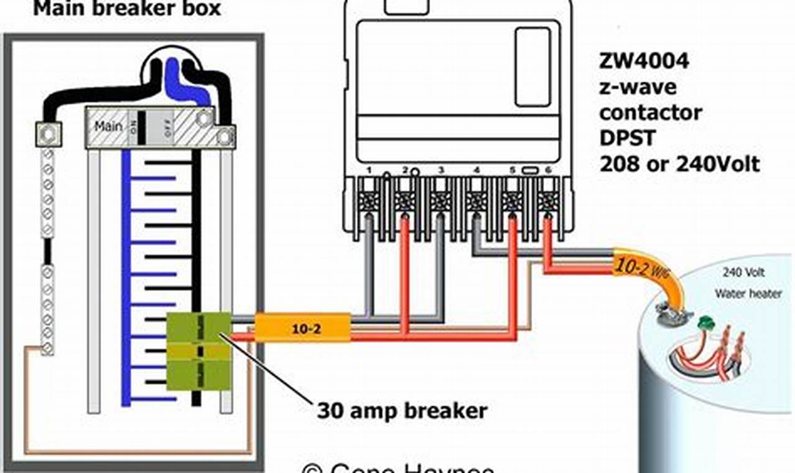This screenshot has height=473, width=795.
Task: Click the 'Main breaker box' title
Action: click(126, 9)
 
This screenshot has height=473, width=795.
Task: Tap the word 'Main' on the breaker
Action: click(108, 126)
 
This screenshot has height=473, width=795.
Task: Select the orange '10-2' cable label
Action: click(302, 327)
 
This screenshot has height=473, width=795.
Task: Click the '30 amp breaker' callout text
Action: click(402, 411)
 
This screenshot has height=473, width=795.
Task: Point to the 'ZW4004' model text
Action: click(644, 62)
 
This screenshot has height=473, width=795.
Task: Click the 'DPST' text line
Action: click(627, 138)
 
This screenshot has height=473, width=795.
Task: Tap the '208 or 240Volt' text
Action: click(679, 164)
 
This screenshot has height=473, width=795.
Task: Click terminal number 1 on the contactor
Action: click(370, 169)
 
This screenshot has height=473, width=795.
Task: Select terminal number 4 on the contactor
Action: click(477, 169)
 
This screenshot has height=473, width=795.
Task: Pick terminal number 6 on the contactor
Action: click(548, 169)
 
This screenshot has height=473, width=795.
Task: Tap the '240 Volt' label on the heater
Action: click(744, 273)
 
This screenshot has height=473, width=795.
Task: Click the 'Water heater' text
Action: click(748, 293)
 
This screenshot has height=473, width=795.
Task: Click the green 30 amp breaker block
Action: click(199, 352)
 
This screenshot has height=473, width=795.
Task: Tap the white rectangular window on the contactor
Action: click(532, 67)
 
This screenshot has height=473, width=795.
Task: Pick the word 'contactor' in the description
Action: click(651, 113)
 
